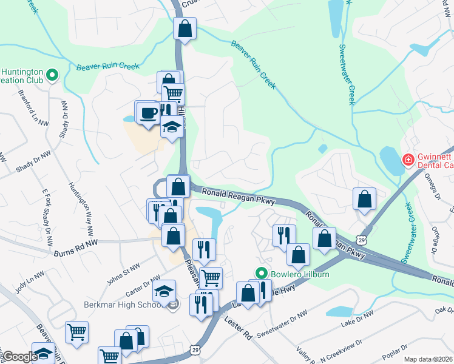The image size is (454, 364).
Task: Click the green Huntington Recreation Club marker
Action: (52, 76)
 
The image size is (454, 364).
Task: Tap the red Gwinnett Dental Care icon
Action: (408, 160)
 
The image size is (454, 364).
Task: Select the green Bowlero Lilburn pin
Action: (262, 274)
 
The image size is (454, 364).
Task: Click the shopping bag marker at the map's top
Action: (185, 28)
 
